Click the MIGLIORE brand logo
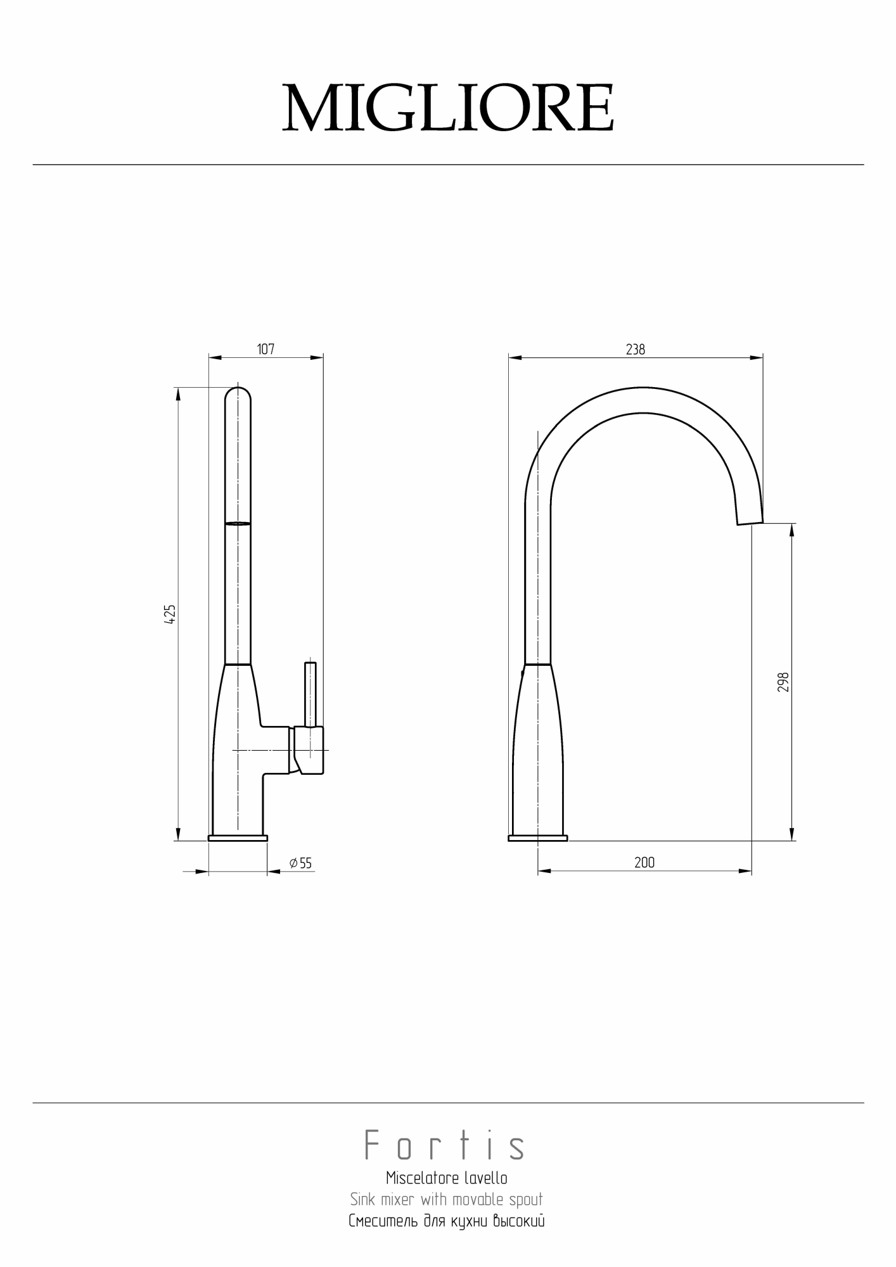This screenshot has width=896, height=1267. tap(448, 108)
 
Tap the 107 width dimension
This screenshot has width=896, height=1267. tap(266, 349)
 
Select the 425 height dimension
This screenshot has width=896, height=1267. tap(169, 615)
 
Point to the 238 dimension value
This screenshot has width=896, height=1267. tap(636, 349)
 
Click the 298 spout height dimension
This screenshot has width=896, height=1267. tap(783, 682)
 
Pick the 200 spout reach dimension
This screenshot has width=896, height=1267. tap(644, 862)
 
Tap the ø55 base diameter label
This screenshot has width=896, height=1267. tap(300, 863)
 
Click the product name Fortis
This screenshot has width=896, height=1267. tap(445, 1146)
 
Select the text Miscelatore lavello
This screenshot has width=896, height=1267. tap(447, 1178)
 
